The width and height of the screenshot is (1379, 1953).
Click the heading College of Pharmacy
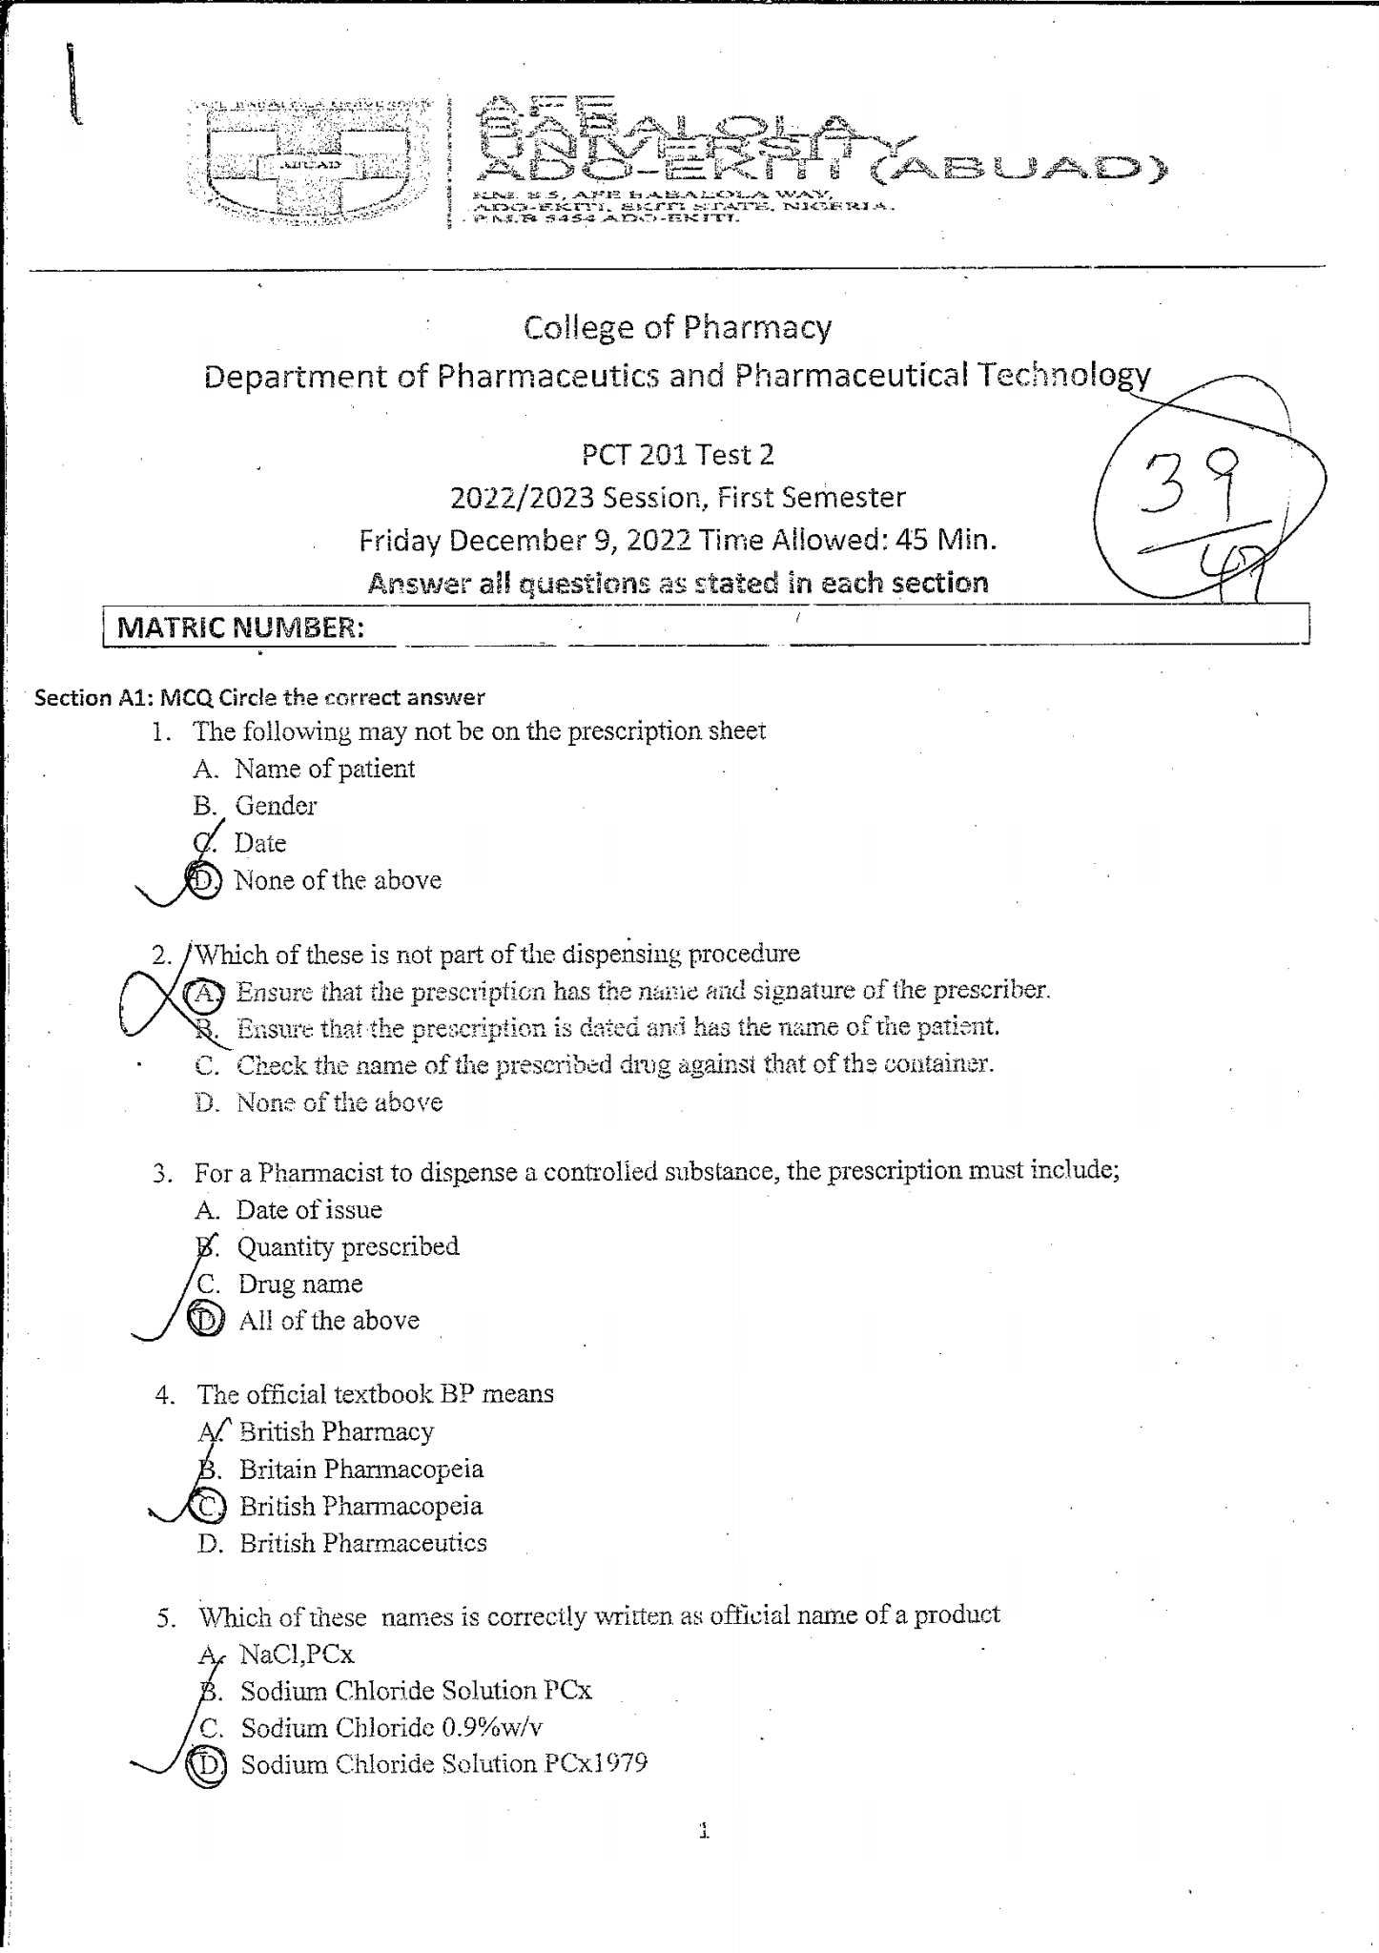click(677, 328)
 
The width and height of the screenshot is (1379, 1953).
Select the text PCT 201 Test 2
click(677, 455)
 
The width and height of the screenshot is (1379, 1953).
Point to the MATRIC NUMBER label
click(239, 628)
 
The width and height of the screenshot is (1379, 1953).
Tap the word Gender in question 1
click(276, 806)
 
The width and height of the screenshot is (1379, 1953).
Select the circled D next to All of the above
click(206, 1321)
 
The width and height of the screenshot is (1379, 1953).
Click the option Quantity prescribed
click(348, 1246)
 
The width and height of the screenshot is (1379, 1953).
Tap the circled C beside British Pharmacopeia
click(208, 1506)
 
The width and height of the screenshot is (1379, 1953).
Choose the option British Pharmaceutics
click(362, 1543)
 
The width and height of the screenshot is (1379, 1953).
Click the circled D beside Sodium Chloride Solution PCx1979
click(207, 1764)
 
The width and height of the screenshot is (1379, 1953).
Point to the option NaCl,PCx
click(298, 1653)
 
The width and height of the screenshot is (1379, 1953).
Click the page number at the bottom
click(705, 1830)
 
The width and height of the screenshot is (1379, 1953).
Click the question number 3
click(163, 1174)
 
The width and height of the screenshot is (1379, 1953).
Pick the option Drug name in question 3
click(300, 1284)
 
